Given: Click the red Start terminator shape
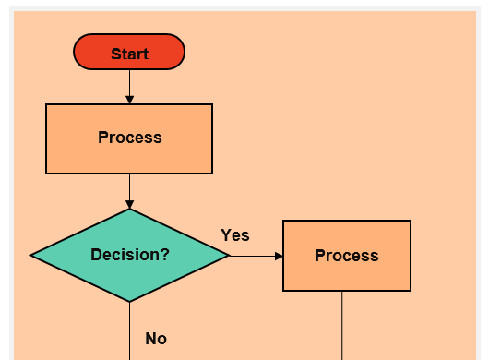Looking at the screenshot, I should [129, 52].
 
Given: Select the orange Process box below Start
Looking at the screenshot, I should [129, 155].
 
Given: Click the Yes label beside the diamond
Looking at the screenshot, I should [235, 235].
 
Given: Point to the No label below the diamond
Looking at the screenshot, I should [156, 339].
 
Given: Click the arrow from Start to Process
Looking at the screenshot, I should [129, 85].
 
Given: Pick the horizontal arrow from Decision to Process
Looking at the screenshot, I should [254, 256].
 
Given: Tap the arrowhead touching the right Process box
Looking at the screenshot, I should [279, 256].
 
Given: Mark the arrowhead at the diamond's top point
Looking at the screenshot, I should [129, 204].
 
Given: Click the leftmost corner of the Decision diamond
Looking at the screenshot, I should [32, 256].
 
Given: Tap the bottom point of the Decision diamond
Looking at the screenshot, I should [129, 300].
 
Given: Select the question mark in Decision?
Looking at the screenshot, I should [165, 255].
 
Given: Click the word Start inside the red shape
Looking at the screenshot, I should [129, 54].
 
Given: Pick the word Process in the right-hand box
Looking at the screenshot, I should [347, 256].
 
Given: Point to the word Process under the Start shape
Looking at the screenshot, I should [129, 138].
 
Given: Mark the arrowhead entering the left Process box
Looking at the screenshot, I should [129, 100].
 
